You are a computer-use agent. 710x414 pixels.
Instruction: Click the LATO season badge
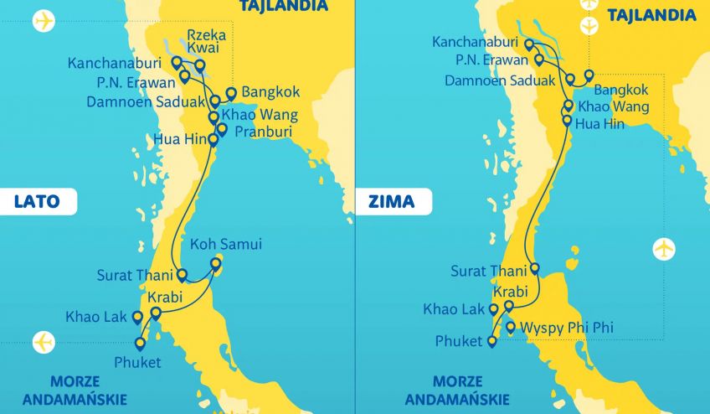[x=38, y=201]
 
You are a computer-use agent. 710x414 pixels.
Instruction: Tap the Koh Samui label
[x=226, y=245]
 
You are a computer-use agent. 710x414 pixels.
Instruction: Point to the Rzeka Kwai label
[x=209, y=42]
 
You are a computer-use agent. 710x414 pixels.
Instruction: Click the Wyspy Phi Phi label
[x=566, y=328]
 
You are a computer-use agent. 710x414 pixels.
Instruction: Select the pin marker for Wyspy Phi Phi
[x=511, y=326]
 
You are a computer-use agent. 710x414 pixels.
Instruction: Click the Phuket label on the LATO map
[x=139, y=362]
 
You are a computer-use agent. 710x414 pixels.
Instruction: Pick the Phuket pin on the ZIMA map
[x=493, y=340]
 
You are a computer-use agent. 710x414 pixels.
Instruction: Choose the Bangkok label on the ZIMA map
[x=620, y=89]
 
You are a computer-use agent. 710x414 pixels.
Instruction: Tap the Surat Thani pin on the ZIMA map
[x=535, y=269]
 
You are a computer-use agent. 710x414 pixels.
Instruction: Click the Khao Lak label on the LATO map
[x=95, y=317]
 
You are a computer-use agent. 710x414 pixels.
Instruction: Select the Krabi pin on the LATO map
[x=156, y=313]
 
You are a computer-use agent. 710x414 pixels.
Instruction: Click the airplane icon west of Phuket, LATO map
[x=43, y=342]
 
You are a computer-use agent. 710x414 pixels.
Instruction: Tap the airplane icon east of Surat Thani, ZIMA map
[x=663, y=249]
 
